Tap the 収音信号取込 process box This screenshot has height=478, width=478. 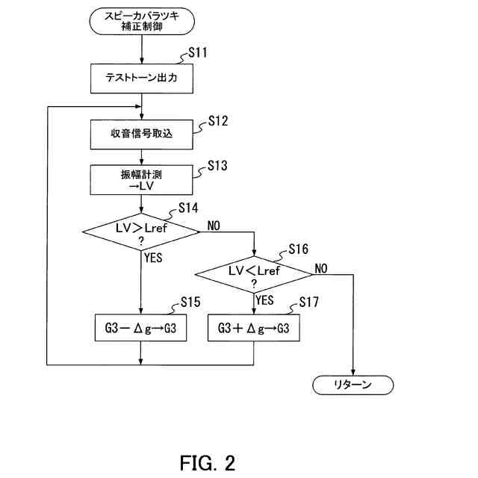(x=140, y=134)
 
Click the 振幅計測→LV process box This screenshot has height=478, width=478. (x=140, y=180)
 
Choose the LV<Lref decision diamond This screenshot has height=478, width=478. (x=254, y=276)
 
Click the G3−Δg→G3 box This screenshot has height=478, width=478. (x=140, y=328)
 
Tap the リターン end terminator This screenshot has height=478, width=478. (x=352, y=385)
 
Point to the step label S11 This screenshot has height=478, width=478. (x=198, y=53)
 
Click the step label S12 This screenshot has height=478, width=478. (x=218, y=119)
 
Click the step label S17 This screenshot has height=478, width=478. (x=308, y=302)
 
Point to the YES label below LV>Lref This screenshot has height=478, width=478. (x=152, y=258)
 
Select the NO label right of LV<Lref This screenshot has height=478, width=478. (x=323, y=268)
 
